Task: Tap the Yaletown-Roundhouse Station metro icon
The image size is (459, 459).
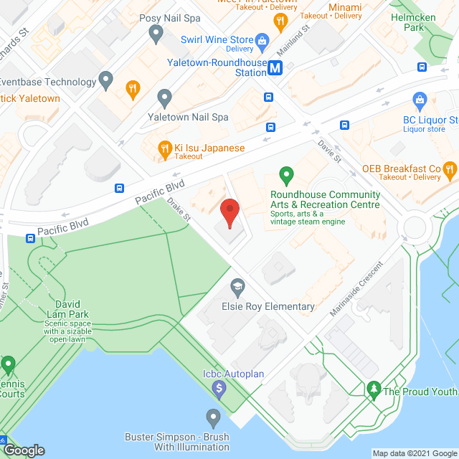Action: [278, 68]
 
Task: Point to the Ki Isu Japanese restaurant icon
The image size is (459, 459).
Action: [165, 148]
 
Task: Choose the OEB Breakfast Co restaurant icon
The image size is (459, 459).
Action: [450, 169]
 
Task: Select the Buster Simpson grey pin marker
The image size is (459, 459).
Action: [212, 417]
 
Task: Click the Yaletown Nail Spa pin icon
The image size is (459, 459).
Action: [165, 96]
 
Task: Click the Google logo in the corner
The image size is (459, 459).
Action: [24, 450]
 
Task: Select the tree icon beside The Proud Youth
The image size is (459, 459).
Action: [373, 390]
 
